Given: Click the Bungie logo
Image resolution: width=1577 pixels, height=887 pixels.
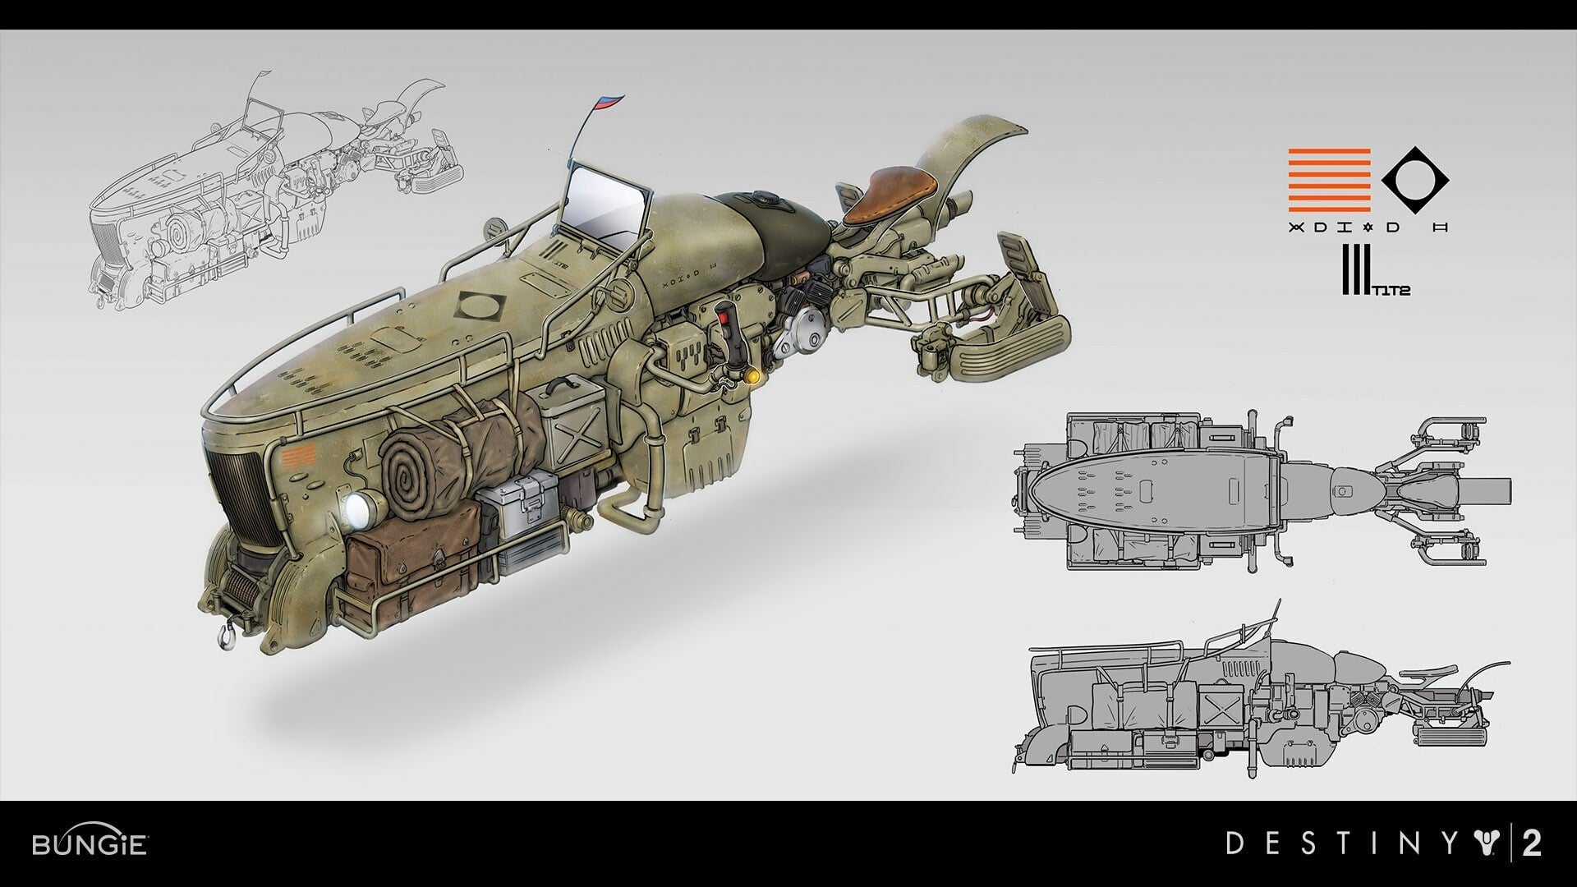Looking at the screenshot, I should (90, 844).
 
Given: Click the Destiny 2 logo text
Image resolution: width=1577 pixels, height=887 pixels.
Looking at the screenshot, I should (1383, 844).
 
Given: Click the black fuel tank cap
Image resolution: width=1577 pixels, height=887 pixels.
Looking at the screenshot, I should (770, 200).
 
